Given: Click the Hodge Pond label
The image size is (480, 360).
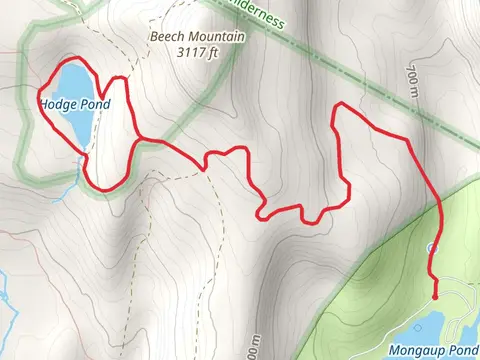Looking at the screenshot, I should pyautogui.click(x=73, y=104).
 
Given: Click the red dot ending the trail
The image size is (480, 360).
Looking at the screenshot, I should pyautogui.click(x=435, y=294).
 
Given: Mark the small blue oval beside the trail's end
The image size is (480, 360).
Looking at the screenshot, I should pyautogui.click(x=431, y=246).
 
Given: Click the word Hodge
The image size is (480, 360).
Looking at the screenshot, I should pyautogui.click(x=57, y=104).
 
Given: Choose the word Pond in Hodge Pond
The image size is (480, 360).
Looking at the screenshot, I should pyautogui.click(x=92, y=104).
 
